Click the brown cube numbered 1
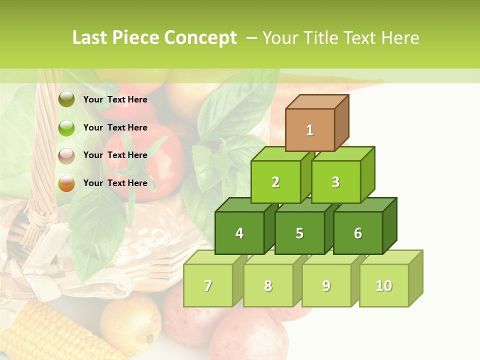pos(310,130)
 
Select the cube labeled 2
pos(275,182)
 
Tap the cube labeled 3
pos(335,182)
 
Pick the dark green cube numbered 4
pos(239,233)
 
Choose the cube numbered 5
pos(299,233)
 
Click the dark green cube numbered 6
pos(358,233)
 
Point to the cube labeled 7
pos(208,285)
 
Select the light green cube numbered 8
pos(268,285)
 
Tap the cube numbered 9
pos(326,285)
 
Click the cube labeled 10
pos(383,285)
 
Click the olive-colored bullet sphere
pos(66,99)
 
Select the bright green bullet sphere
pos(66,127)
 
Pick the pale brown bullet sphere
pos(66,155)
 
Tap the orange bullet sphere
pos(66,183)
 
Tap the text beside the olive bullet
pos(115,99)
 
